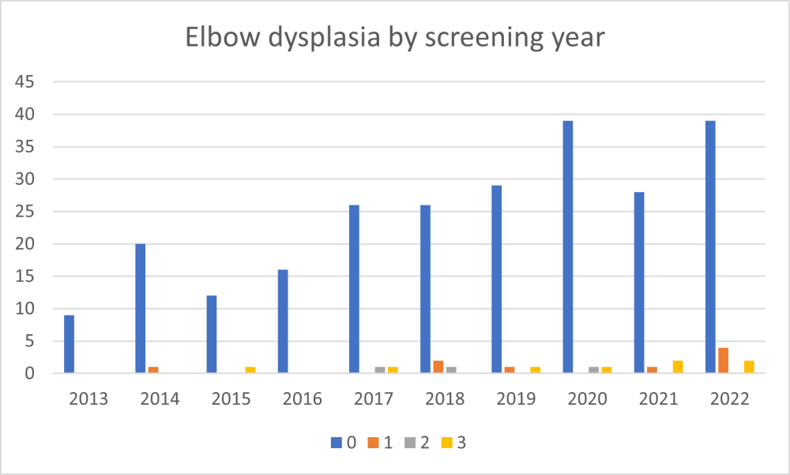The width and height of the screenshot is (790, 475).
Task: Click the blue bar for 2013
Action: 70,344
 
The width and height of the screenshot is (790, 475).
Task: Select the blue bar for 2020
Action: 567,247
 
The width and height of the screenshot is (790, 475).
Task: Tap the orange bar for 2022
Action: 722,360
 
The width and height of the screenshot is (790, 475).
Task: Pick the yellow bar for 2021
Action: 677,367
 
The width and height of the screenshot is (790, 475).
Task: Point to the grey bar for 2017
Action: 380,370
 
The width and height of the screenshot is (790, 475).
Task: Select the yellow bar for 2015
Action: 250,370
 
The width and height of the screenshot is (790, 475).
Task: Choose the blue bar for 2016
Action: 283,321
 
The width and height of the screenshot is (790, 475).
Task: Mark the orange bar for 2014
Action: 153,370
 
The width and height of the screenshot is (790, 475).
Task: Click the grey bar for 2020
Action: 593,370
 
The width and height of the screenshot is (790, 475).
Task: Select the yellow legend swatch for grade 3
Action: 448,443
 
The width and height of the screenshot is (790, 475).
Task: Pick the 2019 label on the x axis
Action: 516,398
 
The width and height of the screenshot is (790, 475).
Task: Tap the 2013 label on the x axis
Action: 88,398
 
